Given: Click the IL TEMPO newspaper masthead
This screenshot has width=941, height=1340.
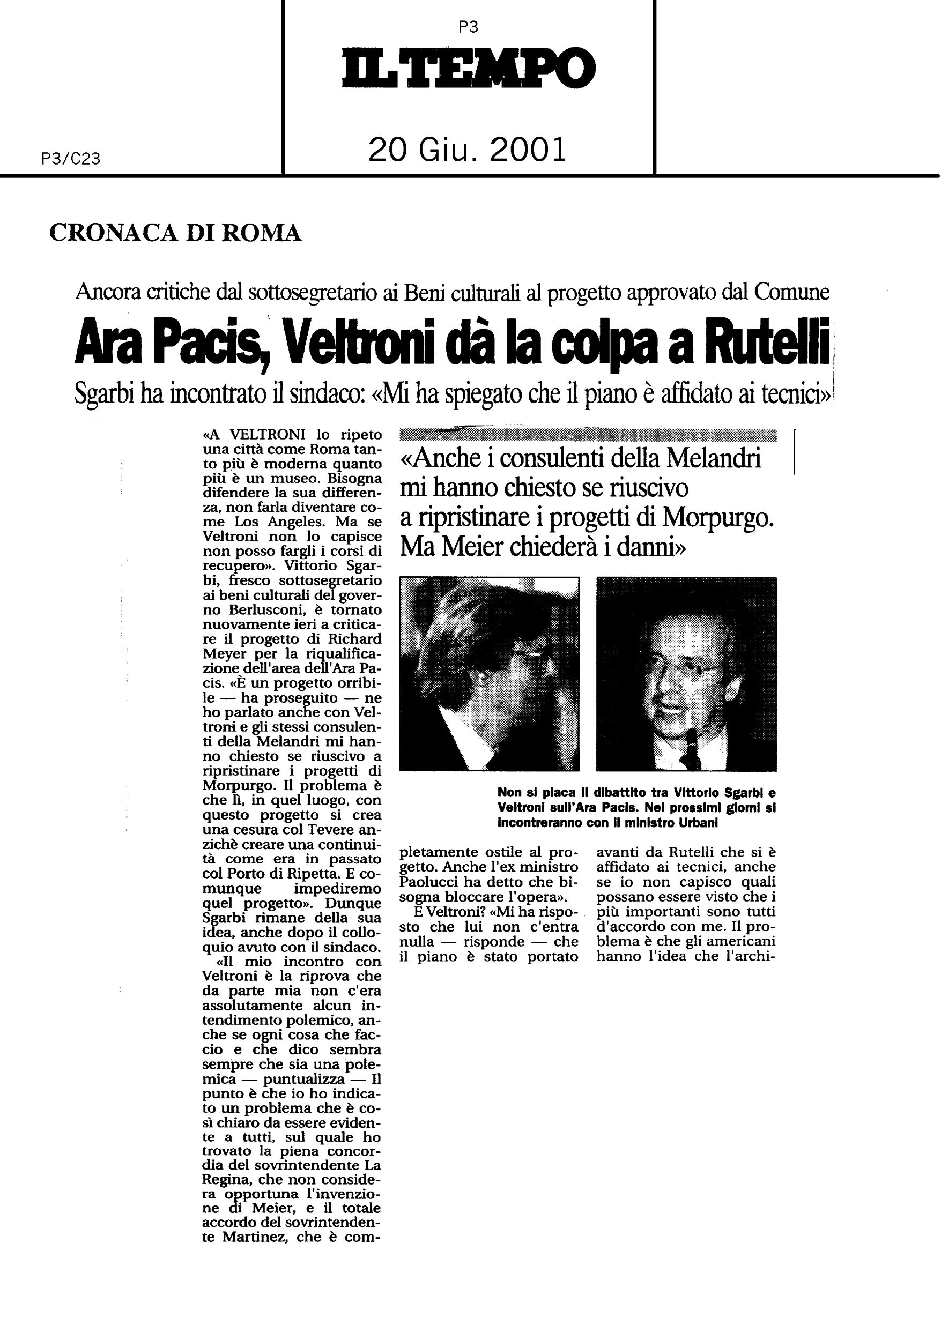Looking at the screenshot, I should pyautogui.click(x=468, y=68).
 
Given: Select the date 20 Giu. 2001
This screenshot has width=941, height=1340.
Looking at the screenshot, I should pyautogui.click(x=468, y=150).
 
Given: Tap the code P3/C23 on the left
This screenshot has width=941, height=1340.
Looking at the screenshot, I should pyautogui.click(x=71, y=159).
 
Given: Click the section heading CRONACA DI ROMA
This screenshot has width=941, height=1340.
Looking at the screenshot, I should pyautogui.click(x=176, y=233).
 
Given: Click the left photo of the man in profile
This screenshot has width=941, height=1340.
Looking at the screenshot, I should pyautogui.click(x=489, y=674).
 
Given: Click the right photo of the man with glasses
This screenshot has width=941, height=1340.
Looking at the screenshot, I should pyautogui.click(x=686, y=674).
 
